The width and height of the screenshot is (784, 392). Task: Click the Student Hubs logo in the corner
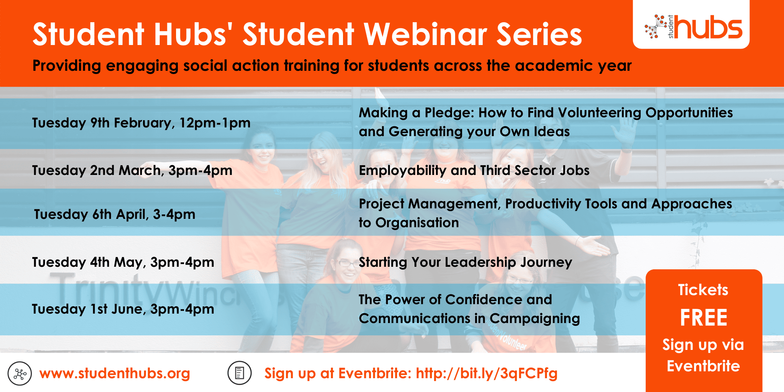pyautogui.click(x=693, y=27)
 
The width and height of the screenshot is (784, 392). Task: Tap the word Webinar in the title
pyautogui.click(x=425, y=34)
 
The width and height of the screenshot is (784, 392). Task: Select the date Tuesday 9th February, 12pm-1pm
pyautogui.click(x=141, y=123)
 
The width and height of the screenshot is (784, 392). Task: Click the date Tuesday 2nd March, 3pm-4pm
pyautogui.click(x=132, y=171)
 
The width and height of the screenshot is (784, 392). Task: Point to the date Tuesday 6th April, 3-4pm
pyautogui.click(x=115, y=215)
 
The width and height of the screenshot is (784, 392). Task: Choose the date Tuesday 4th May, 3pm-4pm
pyautogui.click(x=123, y=262)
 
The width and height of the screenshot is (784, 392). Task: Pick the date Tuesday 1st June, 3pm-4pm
pyautogui.click(x=123, y=309)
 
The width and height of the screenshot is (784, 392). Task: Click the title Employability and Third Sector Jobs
pyautogui.click(x=474, y=171)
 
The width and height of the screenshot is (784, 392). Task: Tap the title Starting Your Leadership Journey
pyautogui.click(x=465, y=262)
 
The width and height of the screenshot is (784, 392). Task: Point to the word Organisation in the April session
pyautogui.click(x=417, y=223)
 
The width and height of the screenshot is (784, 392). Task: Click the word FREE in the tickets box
pyautogui.click(x=703, y=318)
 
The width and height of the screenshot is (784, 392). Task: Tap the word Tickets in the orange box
pyautogui.click(x=703, y=290)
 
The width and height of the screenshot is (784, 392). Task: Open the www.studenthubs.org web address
pyautogui.click(x=115, y=373)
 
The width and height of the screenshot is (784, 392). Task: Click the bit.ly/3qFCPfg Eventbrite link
pyautogui.click(x=487, y=373)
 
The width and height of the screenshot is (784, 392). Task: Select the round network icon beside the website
pyautogui.click(x=20, y=373)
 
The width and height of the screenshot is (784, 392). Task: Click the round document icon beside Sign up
pyautogui.click(x=240, y=373)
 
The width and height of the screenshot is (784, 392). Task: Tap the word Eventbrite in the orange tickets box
pyautogui.click(x=703, y=366)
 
